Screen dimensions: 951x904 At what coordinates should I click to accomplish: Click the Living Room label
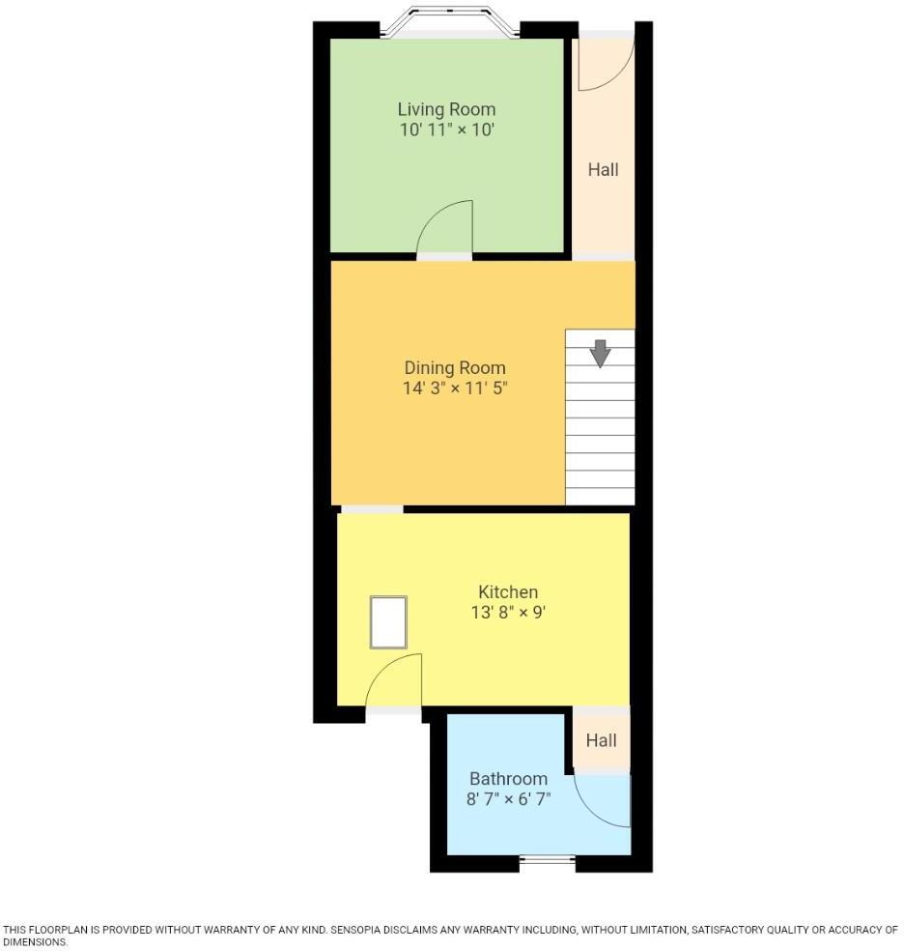446,109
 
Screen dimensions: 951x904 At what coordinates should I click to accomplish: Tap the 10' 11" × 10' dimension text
446,130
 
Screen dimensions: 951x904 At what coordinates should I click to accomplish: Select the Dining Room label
454,368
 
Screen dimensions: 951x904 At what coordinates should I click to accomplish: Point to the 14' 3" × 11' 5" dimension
454,389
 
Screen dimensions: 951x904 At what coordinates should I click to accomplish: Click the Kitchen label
508,591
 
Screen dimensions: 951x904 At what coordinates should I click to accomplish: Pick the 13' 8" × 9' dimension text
508,612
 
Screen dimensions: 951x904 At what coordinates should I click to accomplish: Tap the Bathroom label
508,778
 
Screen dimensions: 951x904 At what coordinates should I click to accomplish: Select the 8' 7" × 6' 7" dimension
508,798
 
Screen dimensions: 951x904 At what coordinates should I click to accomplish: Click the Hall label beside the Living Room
604,169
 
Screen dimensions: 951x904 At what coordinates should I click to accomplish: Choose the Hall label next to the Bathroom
601,740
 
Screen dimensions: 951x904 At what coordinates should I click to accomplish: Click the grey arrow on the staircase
601,353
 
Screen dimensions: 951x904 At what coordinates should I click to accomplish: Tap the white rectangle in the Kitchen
388,622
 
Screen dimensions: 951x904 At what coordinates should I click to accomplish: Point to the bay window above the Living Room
451,22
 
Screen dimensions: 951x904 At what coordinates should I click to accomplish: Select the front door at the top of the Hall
606,60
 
